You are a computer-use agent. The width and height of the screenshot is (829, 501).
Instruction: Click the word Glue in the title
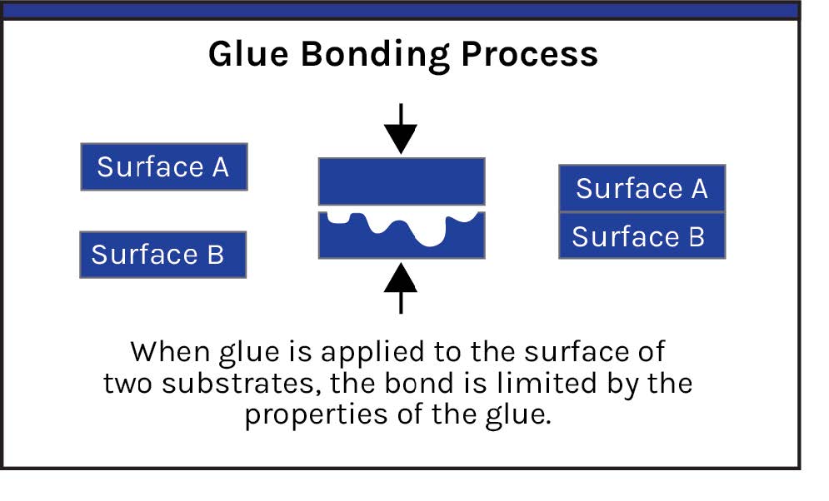tap(248, 53)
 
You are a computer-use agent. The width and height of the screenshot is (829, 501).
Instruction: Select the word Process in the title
tap(529, 54)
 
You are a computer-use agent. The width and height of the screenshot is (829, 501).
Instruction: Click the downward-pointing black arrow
tap(401, 129)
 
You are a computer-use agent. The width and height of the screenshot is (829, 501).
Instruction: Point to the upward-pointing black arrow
tap(401, 288)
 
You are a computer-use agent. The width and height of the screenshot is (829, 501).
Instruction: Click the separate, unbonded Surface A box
tap(164, 166)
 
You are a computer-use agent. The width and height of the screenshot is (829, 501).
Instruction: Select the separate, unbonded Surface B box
tap(162, 255)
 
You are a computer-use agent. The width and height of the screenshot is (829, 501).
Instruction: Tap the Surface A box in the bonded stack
tap(642, 188)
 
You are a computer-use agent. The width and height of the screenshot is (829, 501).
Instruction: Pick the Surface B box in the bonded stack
tap(642, 236)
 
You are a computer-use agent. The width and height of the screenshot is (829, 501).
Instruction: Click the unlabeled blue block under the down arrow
tap(402, 181)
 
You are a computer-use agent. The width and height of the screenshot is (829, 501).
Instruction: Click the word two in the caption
tap(127, 384)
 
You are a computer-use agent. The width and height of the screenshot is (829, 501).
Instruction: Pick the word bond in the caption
tap(419, 383)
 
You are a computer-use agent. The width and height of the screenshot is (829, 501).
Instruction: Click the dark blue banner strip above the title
tap(401, 11)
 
